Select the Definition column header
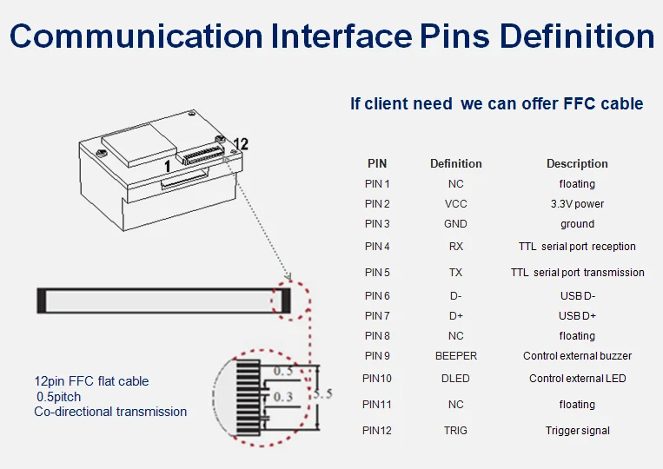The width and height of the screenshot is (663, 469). coord(455,163)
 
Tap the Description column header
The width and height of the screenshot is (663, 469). coord(577,163)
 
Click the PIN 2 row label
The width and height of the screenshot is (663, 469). coord(377,204)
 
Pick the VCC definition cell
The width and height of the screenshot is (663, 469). coord(455,204)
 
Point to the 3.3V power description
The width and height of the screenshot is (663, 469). coord(577,204)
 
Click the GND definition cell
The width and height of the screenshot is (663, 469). coord(455,224)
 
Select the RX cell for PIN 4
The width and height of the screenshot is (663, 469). coord(455,247)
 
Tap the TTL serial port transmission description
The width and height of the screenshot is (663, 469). coord(577,273)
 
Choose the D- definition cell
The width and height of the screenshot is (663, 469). coord(455,296)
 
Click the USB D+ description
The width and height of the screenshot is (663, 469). coord(577,315)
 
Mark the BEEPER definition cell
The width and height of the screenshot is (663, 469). coord(455,356)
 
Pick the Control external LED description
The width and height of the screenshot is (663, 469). coord(577,379)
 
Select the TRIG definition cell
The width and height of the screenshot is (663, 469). coord(455,431)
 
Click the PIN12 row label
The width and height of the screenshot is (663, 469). coord(377,431)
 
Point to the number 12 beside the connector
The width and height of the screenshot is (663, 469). coord(241,144)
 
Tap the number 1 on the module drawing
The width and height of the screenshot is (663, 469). coord(168,165)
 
